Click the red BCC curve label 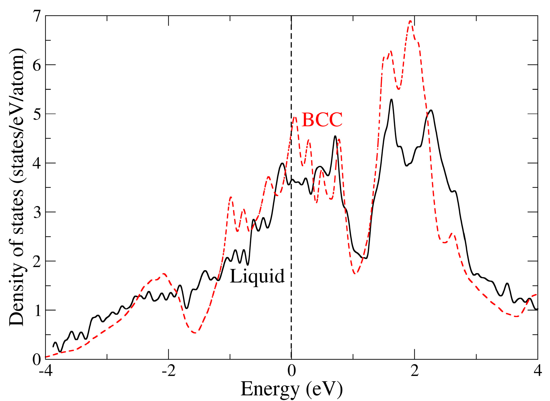(322, 120)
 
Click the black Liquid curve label (257, 277)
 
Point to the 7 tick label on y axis (36, 16)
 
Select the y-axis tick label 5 (36, 114)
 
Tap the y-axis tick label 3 (36, 212)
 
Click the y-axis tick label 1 (36, 311)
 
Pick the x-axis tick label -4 (45, 371)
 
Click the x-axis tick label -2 (168, 371)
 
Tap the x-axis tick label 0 (292, 371)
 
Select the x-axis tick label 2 (414, 371)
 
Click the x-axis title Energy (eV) (292, 389)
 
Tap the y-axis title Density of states (17, 187)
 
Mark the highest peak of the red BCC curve (410, 21)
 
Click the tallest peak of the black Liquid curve (391, 99)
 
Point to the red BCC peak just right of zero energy (295, 117)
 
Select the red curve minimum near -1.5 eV (195, 333)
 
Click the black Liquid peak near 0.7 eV (335, 136)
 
